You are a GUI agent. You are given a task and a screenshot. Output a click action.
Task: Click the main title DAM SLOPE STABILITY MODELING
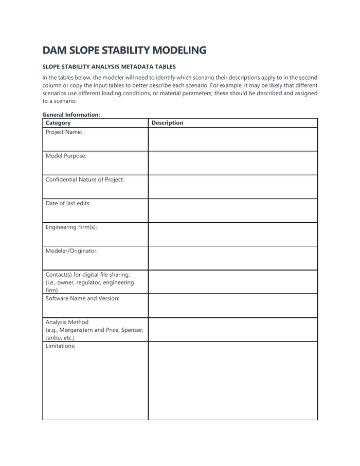click(x=124, y=50)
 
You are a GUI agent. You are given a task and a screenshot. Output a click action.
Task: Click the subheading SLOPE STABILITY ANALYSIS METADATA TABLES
click(x=109, y=67)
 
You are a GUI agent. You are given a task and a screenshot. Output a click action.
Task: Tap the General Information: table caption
click(x=71, y=115)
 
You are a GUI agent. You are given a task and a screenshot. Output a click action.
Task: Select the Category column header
click(x=58, y=123)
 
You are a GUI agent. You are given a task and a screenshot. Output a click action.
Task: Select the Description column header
click(x=167, y=123)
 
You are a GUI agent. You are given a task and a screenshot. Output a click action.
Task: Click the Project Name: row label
click(x=64, y=132)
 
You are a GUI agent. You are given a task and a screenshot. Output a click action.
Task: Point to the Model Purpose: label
click(x=66, y=156)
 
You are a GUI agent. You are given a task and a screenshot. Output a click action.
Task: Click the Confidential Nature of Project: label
click(x=85, y=180)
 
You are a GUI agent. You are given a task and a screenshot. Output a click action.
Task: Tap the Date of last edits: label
click(x=68, y=203)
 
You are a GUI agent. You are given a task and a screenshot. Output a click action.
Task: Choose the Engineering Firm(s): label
click(x=71, y=227)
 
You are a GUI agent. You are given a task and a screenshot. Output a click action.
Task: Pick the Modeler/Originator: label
click(x=71, y=251)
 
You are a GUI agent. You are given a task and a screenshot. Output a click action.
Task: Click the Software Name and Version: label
click(x=82, y=298)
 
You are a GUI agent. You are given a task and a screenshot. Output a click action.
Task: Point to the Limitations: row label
click(x=60, y=346)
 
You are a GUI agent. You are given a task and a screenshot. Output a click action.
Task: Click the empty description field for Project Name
click(x=232, y=139)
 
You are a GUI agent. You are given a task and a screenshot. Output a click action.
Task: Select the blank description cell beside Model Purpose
click(x=232, y=163)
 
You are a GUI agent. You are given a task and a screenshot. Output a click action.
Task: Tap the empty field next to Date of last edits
click(x=232, y=210)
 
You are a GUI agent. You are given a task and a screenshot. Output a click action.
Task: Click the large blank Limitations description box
click(x=232, y=381)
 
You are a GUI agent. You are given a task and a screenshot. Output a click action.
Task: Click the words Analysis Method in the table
click(x=67, y=322)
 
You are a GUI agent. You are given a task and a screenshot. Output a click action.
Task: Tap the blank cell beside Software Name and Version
click(x=232, y=306)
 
